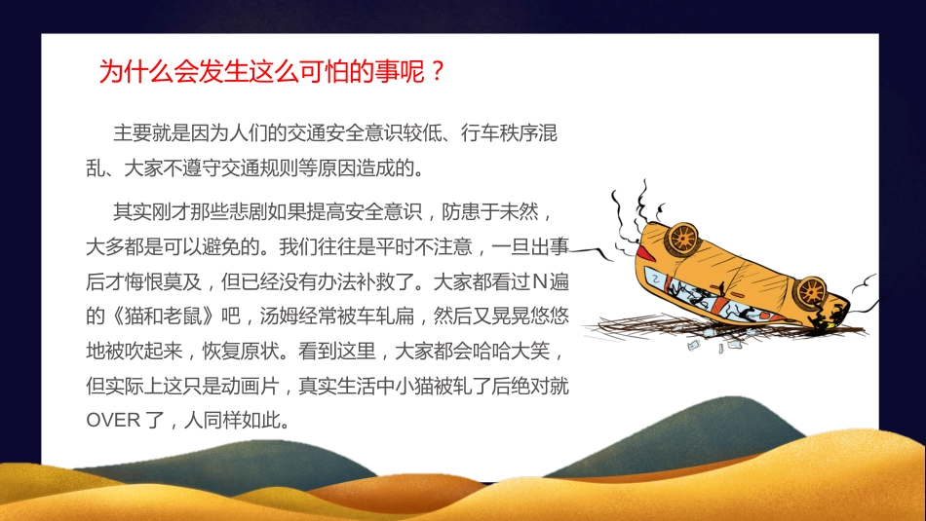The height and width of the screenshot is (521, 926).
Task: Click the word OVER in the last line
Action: click(114, 422)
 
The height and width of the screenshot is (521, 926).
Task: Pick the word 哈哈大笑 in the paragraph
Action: click(519, 352)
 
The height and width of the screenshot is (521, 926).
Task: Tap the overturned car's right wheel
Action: click(809, 291)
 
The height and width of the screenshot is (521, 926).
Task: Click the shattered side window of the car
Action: click(726, 303)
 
